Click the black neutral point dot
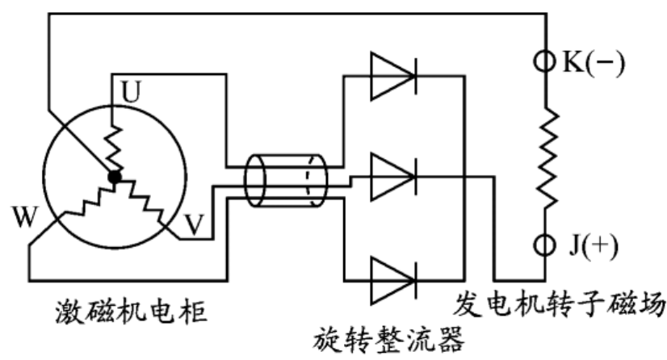(115, 174)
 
